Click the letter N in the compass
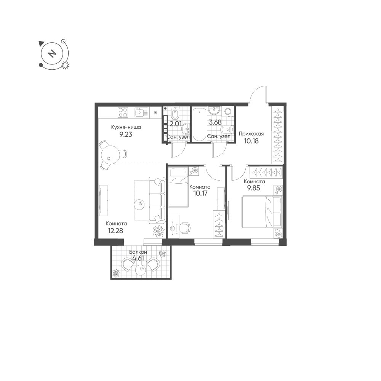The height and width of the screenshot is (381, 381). (51, 53)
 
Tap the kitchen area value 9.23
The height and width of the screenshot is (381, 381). (126, 134)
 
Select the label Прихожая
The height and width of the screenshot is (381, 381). (251, 134)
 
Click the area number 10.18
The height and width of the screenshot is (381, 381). (251, 141)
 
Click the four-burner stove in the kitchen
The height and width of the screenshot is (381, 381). (123, 113)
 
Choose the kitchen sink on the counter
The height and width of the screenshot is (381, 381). (141, 113)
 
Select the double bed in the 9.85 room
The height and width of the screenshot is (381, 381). (261, 212)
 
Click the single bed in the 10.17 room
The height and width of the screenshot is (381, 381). (178, 187)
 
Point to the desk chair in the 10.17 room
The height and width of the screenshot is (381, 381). (186, 228)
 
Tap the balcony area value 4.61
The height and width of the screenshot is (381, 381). (138, 258)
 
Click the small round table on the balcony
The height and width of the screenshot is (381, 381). (140, 270)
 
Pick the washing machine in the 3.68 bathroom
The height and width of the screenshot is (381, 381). (228, 112)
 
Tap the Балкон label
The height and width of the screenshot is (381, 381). (138, 252)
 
